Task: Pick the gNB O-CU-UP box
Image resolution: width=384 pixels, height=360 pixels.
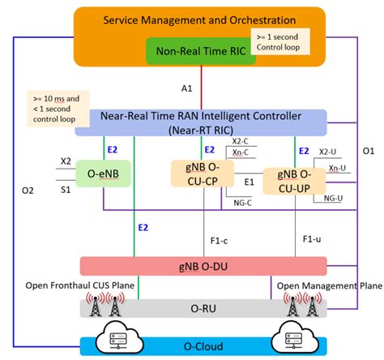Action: point(297,178)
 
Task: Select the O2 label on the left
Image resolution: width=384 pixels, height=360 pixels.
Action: point(27,191)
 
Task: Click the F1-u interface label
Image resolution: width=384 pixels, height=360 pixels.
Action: point(313,240)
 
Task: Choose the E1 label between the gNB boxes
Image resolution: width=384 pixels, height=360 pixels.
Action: point(250,183)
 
